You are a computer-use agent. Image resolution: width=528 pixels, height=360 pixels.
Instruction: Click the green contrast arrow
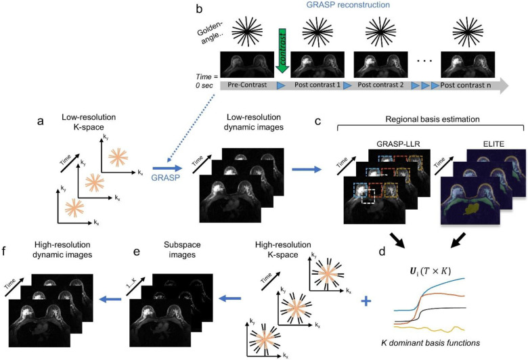coord(282,51)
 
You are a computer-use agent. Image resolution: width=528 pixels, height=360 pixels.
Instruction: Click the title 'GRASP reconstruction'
coord(348,5)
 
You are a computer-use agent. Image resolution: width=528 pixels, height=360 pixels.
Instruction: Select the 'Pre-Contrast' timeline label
coord(247,85)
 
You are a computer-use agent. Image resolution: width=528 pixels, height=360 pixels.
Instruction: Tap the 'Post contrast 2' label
coord(380,85)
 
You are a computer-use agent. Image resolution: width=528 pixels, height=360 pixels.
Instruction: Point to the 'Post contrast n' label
coord(465,85)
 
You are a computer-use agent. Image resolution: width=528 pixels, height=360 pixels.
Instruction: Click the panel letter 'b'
coord(199,9)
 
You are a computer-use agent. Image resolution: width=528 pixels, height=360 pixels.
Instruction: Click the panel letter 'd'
coord(382,251)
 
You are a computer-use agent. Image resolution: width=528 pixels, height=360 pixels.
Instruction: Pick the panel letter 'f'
coord(5,251)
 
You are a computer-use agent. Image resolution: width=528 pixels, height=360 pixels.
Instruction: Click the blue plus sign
coord(366,300)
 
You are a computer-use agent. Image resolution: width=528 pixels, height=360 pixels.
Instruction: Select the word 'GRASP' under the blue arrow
coord(165,177)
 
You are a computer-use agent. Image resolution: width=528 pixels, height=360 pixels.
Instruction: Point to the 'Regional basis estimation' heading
coord(433,119)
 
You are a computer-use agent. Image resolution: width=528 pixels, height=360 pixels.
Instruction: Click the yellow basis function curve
coord(429,328)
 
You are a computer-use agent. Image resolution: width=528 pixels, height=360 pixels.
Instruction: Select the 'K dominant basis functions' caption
coord(431,343)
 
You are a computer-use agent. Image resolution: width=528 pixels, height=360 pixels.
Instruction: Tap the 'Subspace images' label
coord(182,250)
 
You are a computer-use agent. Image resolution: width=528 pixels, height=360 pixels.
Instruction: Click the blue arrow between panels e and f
coord(111,298)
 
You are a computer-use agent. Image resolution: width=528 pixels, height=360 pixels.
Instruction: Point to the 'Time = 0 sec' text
coord(206,81)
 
